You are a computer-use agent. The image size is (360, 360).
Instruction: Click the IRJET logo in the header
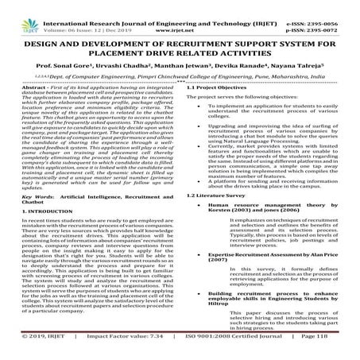19,11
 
